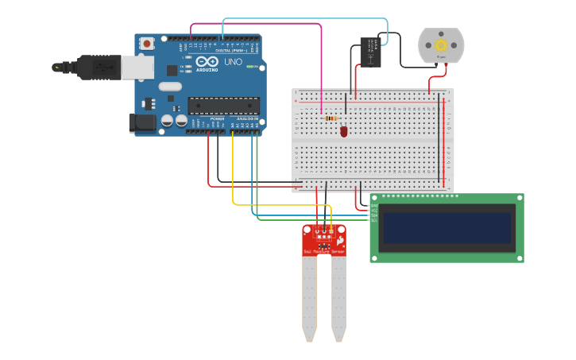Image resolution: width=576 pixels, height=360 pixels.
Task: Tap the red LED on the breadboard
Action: (344, 131)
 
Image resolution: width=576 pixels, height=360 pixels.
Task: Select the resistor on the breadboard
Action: (331, 118)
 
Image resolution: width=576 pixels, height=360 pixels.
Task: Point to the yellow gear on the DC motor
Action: (442, 45)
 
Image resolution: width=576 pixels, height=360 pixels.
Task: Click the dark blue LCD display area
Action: (446, 227)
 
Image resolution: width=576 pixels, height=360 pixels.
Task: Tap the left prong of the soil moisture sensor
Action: (309, 298)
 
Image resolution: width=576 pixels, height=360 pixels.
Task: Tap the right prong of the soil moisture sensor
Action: (339, 298)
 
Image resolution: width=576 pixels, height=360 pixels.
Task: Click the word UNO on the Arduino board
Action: (234, 62)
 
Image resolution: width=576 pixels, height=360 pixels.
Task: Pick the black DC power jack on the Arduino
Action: (142, 122)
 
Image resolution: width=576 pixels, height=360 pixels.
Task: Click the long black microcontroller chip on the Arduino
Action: (223, 105)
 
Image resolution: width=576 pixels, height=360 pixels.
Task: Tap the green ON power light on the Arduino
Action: (261, 68)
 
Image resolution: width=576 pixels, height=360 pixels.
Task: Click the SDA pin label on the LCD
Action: (374, 215)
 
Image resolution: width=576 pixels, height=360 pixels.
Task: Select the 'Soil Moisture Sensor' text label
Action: (324, 252)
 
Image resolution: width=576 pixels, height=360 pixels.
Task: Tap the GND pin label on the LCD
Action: (374, 205)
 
